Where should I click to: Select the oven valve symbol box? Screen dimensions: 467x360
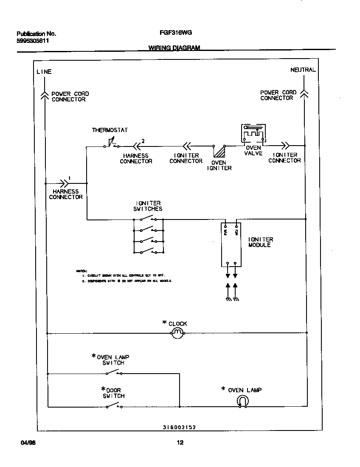(253, 133)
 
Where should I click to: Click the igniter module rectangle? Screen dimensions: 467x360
(231, 245)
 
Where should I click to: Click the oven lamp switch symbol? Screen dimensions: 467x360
(113, 373)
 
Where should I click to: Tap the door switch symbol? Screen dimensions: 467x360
(113, 406)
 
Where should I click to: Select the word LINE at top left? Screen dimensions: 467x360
(44, 72)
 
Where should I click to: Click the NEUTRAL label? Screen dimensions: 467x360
(303, 70)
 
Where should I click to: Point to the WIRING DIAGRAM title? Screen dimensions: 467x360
(174, 48)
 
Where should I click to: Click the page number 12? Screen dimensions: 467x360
(180, 443)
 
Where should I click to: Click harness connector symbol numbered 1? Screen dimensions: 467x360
(64, 183)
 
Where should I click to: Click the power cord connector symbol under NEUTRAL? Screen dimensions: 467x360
(304, 94)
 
